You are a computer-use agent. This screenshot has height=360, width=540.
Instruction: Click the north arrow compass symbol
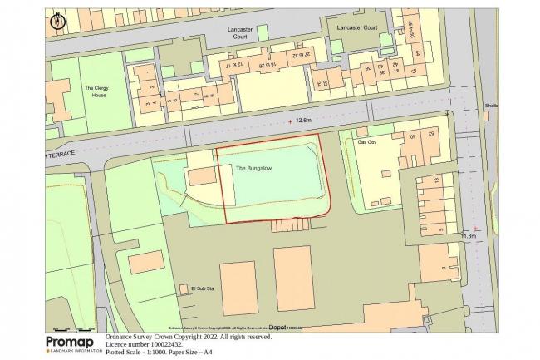(x=56, y=20)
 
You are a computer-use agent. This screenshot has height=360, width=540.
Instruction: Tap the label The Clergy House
(x=97, y=92)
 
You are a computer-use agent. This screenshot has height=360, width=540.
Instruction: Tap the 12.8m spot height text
(x=304, y=121)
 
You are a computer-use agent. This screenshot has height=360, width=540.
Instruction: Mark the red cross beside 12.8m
(x=290, y=121)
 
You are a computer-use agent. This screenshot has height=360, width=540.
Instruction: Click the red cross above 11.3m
(x=475, y=228)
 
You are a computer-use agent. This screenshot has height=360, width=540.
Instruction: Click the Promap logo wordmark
(x=71, y=342)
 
